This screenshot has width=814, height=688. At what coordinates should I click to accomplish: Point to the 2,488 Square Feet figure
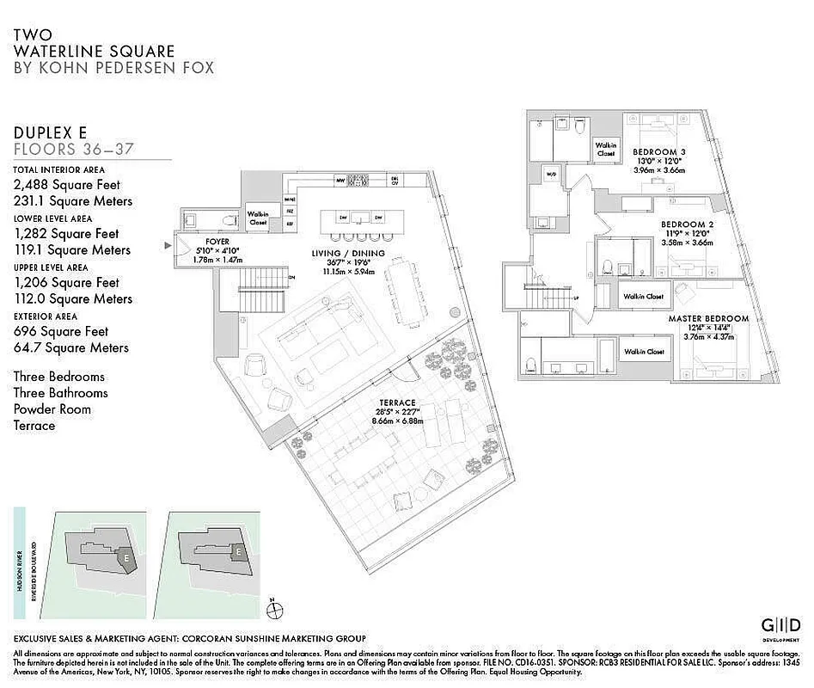coord(66,185)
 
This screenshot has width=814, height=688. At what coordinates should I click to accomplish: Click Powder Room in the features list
coord(52,409)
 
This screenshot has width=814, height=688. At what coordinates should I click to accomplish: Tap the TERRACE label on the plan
coord(398,402)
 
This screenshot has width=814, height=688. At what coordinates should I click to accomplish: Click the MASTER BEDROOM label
coord(708,318)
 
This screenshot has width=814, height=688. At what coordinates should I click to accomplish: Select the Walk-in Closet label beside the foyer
coord(259,218)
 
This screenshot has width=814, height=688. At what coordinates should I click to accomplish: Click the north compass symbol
coord(274,609)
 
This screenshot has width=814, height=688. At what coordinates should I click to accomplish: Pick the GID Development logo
coord(780,627)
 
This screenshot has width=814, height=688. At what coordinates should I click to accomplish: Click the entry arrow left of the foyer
coord(168,245)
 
